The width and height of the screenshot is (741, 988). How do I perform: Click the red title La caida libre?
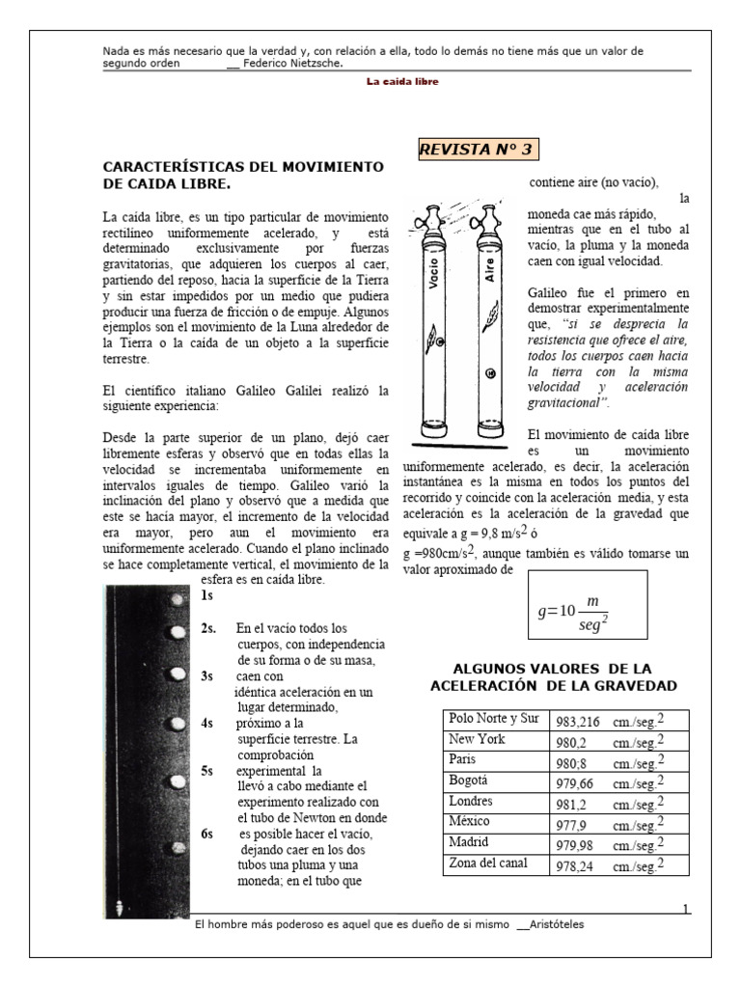402,82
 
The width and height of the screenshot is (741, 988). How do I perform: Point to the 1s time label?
207,595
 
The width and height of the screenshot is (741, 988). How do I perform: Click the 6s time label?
207,834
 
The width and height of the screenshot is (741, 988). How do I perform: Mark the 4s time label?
207,723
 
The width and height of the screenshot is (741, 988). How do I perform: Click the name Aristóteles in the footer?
556,924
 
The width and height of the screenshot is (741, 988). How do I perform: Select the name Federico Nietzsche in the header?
294,65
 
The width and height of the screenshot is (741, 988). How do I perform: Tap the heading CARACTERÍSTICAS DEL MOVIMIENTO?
243,175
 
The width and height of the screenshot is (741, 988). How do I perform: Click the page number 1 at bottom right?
685,909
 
